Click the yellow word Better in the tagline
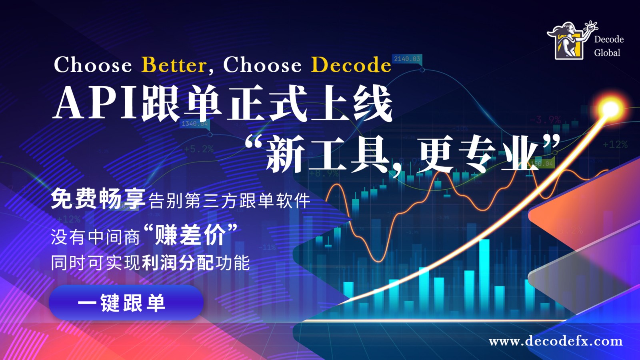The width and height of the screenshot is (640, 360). (174, 65)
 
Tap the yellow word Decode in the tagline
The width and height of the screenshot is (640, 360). (351, 65)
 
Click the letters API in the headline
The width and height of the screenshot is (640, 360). (96, 103)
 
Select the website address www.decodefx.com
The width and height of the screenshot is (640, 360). (556, 341)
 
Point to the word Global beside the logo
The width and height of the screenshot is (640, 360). (607, 53)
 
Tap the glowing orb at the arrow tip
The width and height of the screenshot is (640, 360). (610, 108)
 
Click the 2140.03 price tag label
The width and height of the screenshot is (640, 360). (407, 59)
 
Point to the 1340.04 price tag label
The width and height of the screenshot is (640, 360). (195, 124)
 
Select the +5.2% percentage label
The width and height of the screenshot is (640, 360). (198, 149)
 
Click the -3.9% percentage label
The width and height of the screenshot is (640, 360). (545, 120)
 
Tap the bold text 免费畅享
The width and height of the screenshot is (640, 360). (98, 198)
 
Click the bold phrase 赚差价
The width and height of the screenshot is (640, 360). (190, 235)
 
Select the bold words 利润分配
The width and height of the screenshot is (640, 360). (178, 263)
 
